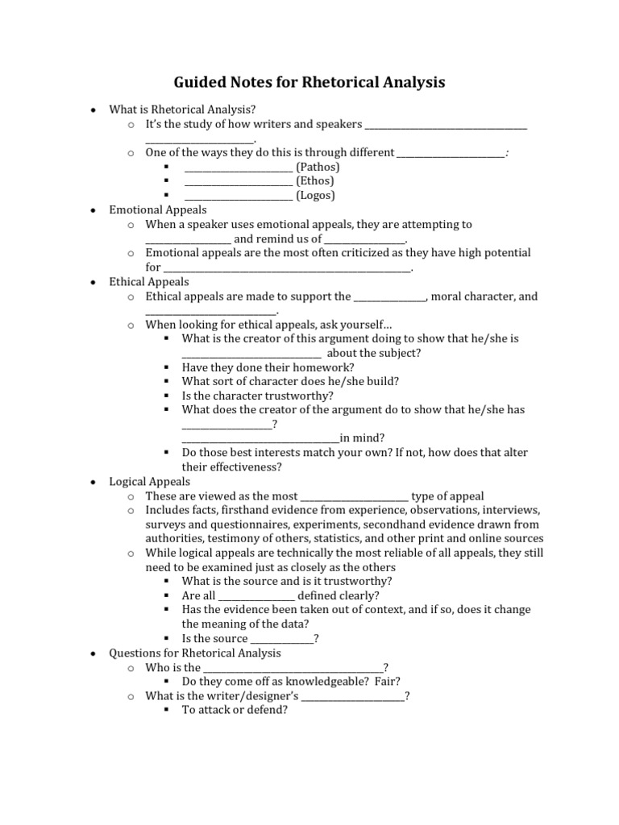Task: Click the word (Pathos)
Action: point(318,167)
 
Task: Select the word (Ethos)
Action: point(314,181)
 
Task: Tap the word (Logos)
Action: point(315,195)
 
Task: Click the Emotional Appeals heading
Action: point(147,209)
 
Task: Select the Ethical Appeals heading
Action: point(149,282)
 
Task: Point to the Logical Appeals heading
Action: point(150,482)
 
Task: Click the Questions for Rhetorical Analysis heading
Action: point(195,653)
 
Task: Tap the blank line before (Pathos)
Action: point(239,168)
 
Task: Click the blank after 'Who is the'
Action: point(293,669)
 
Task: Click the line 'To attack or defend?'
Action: point(235,711)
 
